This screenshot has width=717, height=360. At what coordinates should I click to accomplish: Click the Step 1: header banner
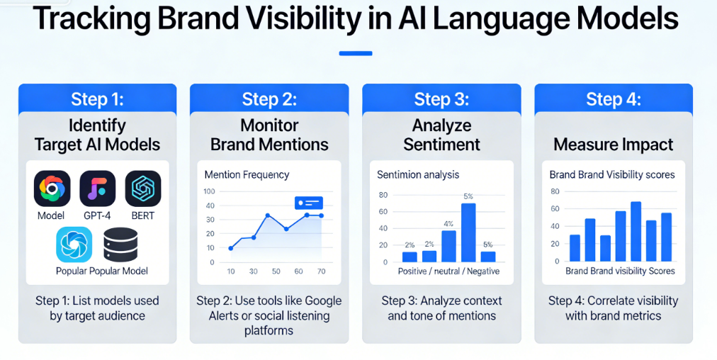[x=97, y=99]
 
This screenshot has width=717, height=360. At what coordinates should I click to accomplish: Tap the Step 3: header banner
[x=441, y=99]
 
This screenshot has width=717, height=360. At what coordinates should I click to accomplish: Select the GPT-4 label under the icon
[x=97, y=215]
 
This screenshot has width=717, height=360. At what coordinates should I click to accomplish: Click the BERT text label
[x=142, y=215]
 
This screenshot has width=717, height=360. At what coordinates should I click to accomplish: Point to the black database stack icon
[x=120, y=245]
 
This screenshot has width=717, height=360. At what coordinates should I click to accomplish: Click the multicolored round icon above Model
[x=52, y=189]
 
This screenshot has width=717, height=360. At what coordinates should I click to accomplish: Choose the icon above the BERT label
[x=142, y=189]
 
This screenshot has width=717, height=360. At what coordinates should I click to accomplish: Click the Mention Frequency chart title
[x=247, y=174]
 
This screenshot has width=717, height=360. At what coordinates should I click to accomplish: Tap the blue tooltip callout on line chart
[x=308, y=203]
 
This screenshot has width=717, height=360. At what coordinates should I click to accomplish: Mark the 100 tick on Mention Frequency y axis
[x=209, y=191]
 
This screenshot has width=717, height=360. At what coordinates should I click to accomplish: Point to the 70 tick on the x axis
[x=321, y=271]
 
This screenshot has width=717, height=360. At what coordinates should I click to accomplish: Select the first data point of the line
[x=231, y=248]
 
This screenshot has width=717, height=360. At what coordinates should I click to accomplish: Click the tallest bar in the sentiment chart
[x=468, y=232]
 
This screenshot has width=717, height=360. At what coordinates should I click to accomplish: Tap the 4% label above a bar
[x=448, y=224]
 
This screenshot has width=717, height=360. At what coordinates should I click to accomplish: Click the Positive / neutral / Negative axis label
[x=448, y=271]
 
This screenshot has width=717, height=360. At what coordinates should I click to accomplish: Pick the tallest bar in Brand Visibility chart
[x=636, y=231]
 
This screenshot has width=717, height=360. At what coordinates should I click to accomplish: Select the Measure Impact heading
[x=614, y=145]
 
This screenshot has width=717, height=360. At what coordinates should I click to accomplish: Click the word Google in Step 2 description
[x=320, y=300]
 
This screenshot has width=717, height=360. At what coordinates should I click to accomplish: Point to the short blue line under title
[x=356, y=53]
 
